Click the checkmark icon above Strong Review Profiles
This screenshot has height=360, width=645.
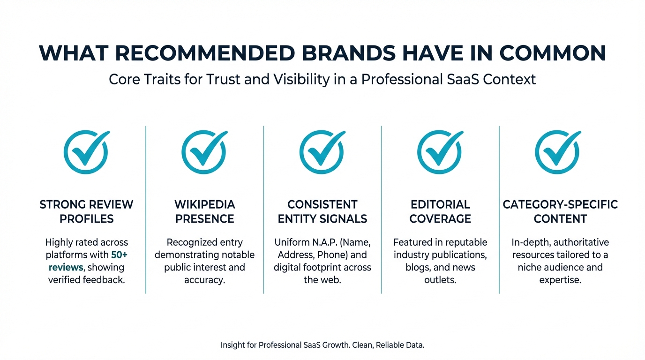[x=86, y=152]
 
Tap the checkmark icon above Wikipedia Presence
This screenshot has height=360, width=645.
[x=204, y=152]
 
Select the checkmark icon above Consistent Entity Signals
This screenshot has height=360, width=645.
[x=322, y=152]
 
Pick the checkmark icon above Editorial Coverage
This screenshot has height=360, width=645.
[x=440, y=152]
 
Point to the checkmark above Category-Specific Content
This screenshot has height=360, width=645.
[x=558, y=152]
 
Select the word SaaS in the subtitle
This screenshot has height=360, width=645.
[x=458, y=79]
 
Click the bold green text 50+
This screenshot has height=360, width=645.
[x=120, y=255]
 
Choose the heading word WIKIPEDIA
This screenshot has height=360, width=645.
[x=204, y=205]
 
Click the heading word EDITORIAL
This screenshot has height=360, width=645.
[x=440, y=205]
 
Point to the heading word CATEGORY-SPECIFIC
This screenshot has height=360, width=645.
[x=560, y=205]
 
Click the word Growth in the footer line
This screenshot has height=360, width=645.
[x=334, y=345]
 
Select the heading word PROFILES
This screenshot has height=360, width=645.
[x=87, y=219]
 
